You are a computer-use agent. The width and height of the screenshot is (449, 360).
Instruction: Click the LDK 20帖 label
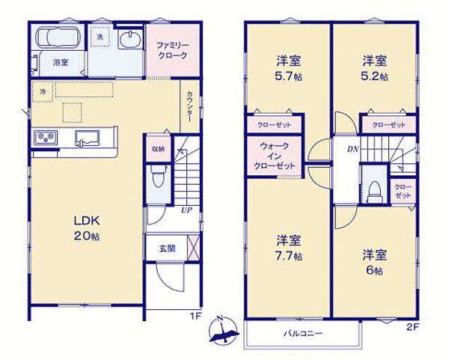pos(87,228)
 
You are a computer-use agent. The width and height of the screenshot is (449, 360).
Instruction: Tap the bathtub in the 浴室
pos(58,37)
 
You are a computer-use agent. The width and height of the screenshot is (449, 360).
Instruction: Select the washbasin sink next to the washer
pos(130,40)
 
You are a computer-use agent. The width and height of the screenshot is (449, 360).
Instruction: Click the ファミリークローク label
pos(172,50)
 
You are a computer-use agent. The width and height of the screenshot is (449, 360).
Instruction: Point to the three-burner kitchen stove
pos(46,138)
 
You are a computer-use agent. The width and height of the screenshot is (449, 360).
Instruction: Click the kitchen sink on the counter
pos(87,138)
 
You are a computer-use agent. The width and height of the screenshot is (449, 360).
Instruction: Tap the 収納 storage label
pos(159,149)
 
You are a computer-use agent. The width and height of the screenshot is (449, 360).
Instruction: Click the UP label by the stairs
pos(186,210)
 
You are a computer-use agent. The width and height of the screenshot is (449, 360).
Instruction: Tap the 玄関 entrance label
pos(167,248)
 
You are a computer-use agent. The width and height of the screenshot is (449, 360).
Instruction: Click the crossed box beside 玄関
pos(193,248)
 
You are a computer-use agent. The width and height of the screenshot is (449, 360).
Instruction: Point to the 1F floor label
pos(196,317)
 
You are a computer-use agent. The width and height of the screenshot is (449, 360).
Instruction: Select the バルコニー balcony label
pos(303,334)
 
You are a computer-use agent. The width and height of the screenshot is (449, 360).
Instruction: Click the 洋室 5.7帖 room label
pos(289,69)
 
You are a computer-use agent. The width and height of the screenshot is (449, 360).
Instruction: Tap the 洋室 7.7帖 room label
pos(289,248)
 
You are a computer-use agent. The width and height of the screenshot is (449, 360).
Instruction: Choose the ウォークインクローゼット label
pos(275,156)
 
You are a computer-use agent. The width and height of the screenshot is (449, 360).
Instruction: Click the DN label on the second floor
pos(353,149)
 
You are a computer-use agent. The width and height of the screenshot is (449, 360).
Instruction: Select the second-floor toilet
pos(375,191)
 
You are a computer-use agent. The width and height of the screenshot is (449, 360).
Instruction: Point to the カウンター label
pos(189,106)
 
